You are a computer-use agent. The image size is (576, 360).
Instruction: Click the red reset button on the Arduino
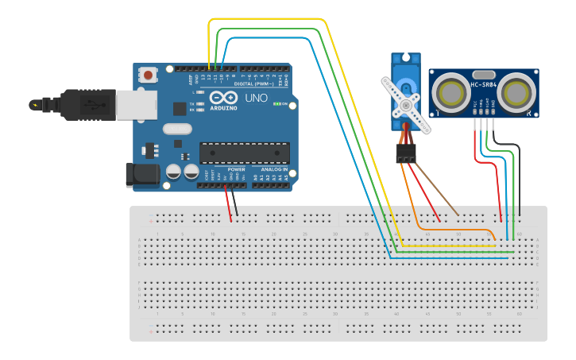[x=148, y=75]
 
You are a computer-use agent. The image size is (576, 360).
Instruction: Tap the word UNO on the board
[x=256, y=98]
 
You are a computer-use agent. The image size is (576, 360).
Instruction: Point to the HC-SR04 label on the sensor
[x=483, y=85]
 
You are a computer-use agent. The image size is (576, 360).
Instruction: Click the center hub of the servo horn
[x=408, y=104]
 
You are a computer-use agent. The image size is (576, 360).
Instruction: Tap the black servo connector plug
[x=407, y=153]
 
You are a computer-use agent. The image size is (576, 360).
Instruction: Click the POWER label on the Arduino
[x=237, y=169]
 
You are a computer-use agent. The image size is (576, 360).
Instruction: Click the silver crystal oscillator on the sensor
[x=484, y=74]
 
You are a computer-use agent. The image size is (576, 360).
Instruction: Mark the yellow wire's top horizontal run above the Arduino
[x=267, y=19]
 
